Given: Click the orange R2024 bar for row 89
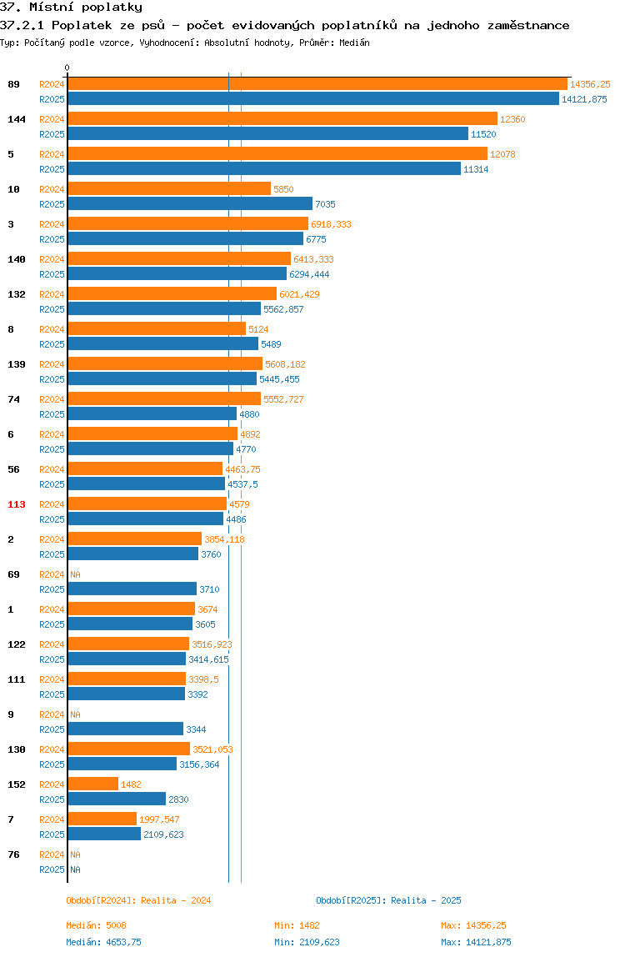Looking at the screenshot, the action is coord(317,84).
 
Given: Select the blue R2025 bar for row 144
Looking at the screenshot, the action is coord(268,134).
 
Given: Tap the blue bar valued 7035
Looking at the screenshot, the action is coord(190,204).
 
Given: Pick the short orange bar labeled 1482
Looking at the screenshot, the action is coord(92,784).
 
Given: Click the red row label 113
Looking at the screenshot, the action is coord(17,504).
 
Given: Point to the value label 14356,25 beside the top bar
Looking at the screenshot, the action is coord(590,84).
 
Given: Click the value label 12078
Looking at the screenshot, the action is coord(503,154).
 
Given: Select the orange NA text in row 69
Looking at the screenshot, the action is coord(75,574).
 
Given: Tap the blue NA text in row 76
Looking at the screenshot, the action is coord(75,869).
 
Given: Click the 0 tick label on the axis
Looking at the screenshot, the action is coord(67,68).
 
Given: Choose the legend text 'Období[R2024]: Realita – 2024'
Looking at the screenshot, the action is coord(138,900).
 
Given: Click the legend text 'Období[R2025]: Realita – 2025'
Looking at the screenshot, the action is coord(389,900).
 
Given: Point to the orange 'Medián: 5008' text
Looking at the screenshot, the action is coord(97,925).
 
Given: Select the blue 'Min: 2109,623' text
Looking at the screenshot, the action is coord(307,942).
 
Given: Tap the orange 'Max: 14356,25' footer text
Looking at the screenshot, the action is coord(473,925).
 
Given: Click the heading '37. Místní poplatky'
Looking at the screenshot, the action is coord(72,8).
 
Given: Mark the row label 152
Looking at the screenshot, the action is coord(17,784).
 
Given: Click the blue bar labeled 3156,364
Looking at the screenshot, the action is coord(122,764).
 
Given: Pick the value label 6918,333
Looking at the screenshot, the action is coord(332,224).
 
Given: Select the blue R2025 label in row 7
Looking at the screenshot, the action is coord(52,834).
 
